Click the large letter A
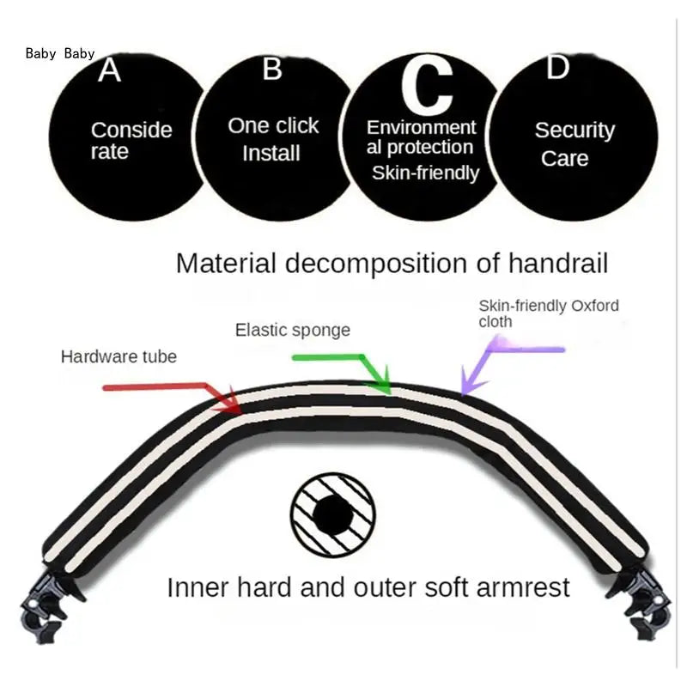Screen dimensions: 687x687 (x=109, y=70)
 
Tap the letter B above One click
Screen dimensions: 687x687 (x=272, y=69)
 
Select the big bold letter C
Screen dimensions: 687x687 (x=427, y=85)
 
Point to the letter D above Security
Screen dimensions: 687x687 (x=557, y=67)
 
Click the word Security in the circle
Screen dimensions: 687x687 (x=575, y=131)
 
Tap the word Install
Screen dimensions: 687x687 (x=271, y=154)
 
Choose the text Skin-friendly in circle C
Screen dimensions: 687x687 (x=425, y=173)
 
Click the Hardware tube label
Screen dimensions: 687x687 (x=119, y=356)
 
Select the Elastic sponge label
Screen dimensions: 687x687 (x=293, y=331)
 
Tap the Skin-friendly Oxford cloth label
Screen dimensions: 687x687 (x=549, y=313)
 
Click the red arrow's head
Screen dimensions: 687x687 (x=230, y=402)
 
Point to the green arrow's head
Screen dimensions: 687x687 (x=380, y=382)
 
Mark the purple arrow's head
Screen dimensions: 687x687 (x=471, y=382)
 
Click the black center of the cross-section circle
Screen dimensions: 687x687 (x=333, y=515)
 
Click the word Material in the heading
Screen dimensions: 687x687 (x=226, y=264)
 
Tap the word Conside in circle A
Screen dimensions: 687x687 (x=131, y=131)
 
